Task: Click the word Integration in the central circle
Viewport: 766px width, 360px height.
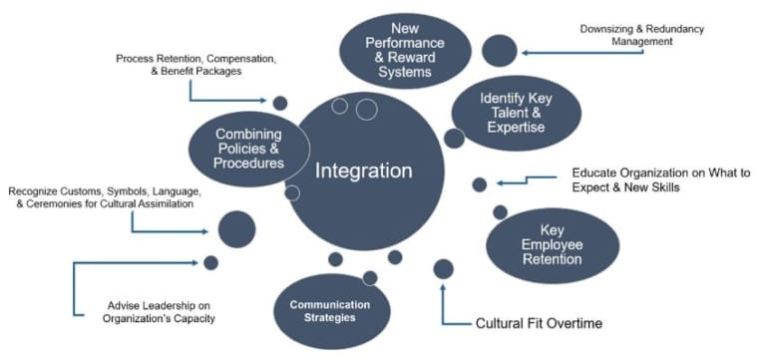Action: tap(363, 171)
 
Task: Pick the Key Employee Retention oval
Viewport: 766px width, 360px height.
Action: tap(552, 245)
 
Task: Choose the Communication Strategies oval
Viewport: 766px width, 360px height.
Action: tap(329, 310)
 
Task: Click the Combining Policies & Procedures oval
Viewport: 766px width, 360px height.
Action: tap(247, 149)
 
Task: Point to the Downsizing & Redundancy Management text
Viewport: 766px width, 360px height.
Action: tap(641, 35)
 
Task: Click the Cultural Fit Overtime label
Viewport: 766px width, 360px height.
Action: tap(539, 323)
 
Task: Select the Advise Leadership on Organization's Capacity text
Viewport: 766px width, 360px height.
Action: tap(161, 312)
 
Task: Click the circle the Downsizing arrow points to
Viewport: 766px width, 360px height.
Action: tap(499, 50)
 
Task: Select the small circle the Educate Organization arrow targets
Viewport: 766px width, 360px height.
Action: tap(479, 184)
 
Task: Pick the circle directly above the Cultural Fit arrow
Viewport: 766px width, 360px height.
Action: tap(443, 268)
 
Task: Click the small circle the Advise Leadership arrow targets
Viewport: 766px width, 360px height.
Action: tap(210, 262)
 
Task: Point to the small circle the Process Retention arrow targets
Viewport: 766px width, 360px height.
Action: tap(280, 102)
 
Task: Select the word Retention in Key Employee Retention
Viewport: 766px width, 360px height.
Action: tap(552, 260)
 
